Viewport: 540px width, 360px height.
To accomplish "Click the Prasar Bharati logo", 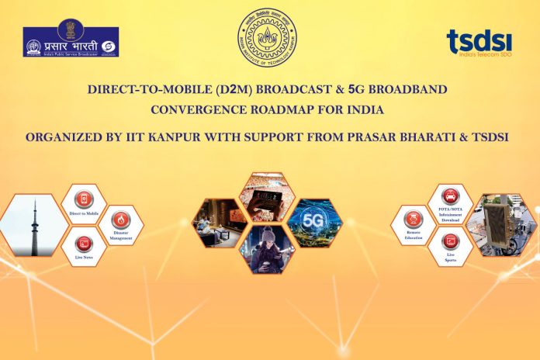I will point(71,42).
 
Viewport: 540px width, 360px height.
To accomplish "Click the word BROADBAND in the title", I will point(408,89).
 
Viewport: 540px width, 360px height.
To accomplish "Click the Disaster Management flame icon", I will point(121,220).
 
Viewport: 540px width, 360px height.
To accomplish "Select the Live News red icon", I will point(84,241).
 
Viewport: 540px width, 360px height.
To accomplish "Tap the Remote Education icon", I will point(414,220).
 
